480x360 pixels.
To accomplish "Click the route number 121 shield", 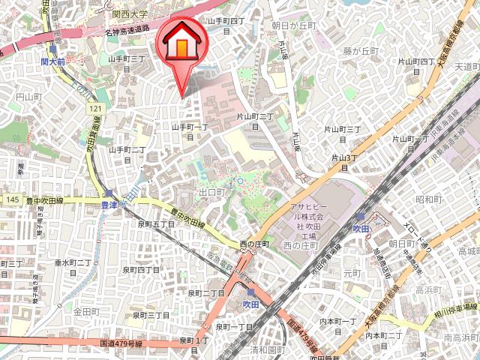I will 94,109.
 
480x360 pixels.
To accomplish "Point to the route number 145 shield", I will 11,199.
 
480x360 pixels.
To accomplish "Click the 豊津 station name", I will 109,203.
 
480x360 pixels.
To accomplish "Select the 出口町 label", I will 212,193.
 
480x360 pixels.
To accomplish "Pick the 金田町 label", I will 86,310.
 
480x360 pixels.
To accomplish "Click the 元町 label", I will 352,274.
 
